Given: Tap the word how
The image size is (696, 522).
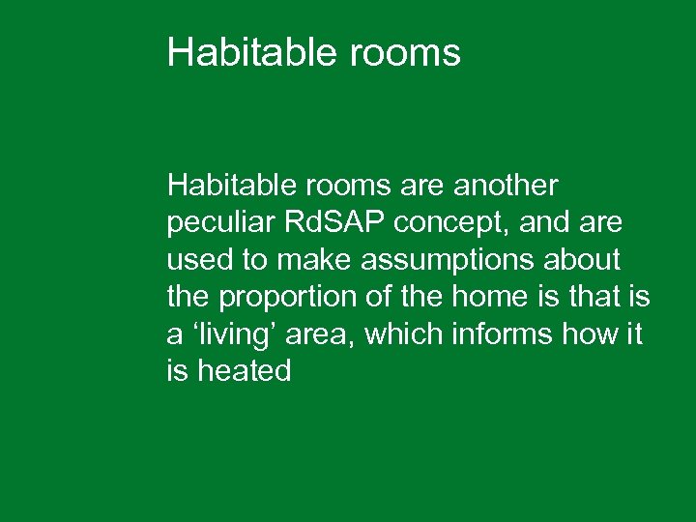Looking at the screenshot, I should click(x=592, y=333).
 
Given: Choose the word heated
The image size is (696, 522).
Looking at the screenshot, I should click(x=244, y=371).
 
